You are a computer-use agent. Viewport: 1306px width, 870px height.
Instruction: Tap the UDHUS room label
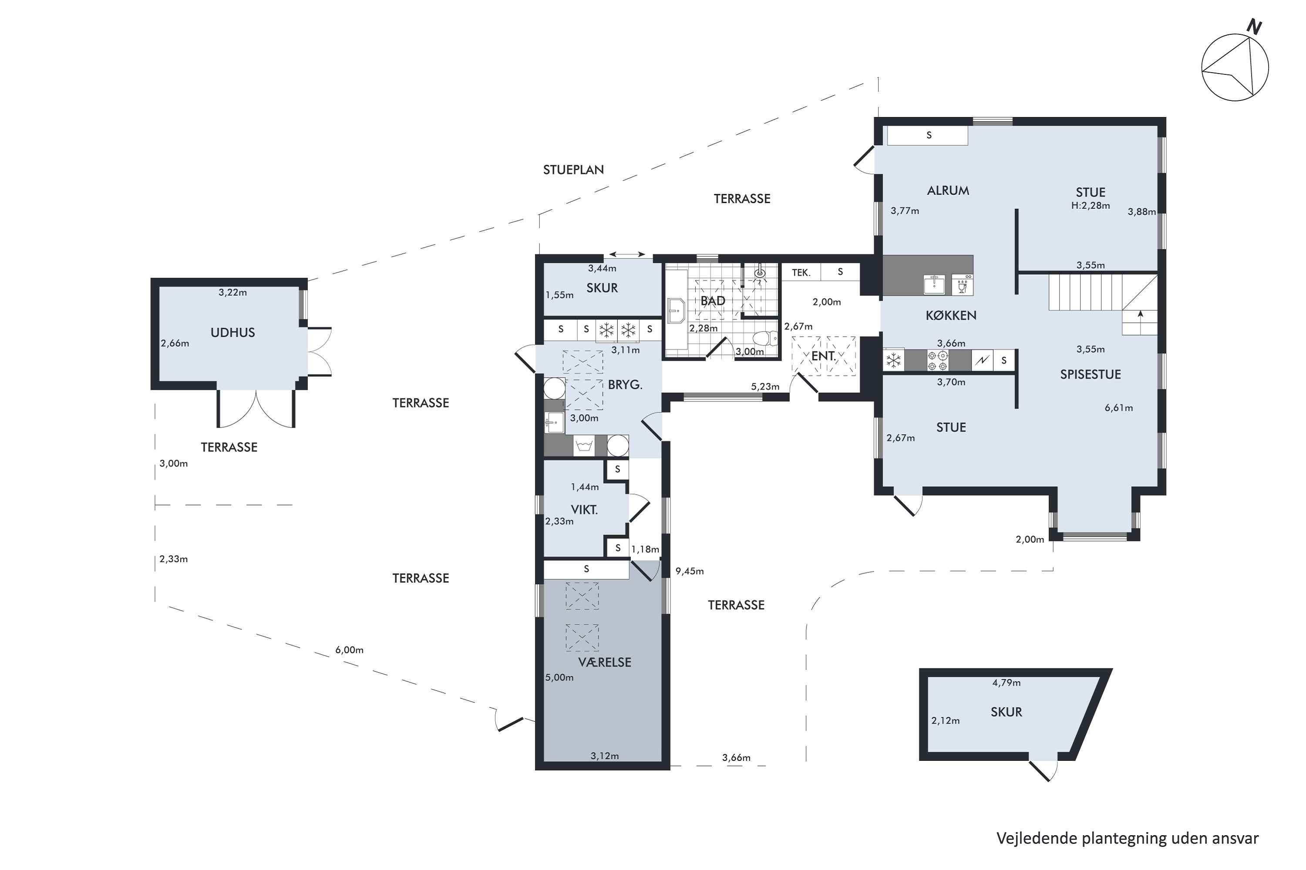click(232, 332)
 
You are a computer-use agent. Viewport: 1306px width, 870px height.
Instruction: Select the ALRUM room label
click(948, 191)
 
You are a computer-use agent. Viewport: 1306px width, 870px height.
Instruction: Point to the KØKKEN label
click(951, 315)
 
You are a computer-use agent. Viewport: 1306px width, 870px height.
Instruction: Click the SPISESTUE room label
click(1090, 374)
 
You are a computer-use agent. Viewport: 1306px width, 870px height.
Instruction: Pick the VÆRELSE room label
click(604, 662)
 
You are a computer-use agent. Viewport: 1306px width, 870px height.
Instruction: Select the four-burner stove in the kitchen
click(937, 360)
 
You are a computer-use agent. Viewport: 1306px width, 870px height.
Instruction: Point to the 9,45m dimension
click(689, 571)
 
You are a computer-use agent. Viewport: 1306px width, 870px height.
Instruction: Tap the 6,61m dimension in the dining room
click(1118, 408)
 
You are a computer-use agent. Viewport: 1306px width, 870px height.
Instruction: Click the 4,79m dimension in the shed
click(1006, 683)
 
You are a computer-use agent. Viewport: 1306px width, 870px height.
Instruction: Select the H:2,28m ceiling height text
click(1090, 205)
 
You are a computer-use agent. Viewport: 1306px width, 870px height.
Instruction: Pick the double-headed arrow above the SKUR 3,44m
click(627, 254)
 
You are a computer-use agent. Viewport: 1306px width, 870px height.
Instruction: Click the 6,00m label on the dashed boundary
click(349, 650)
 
